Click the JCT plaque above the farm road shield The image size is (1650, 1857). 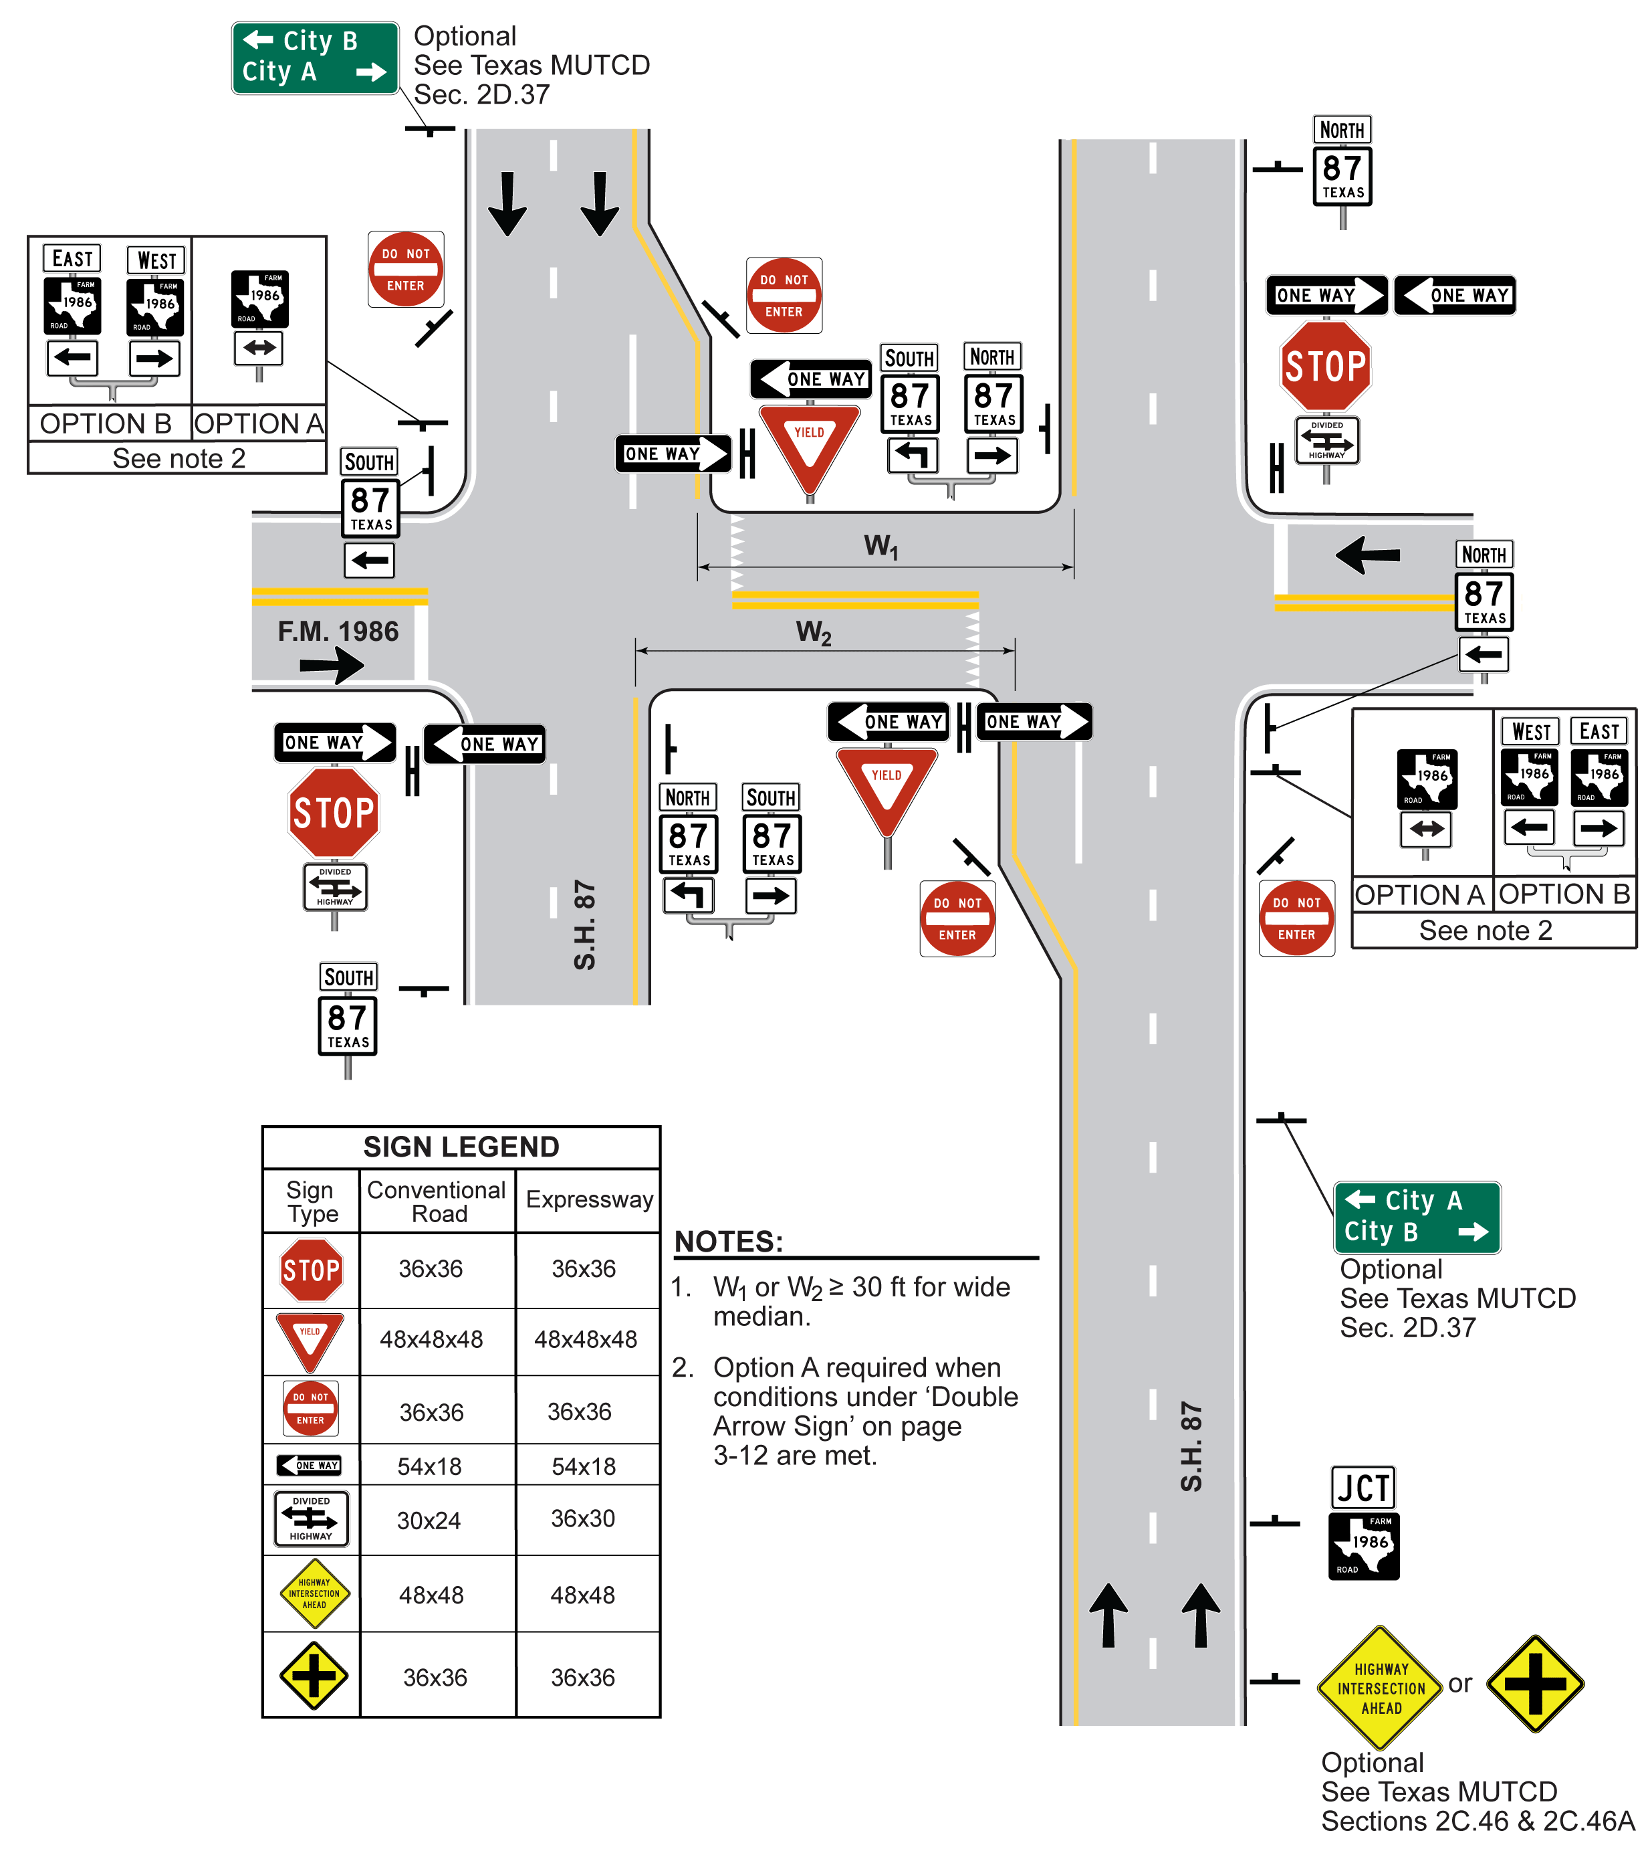point(1362,1487)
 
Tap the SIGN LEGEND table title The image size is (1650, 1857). point(461,1147)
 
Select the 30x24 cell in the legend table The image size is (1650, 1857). point(429,1520)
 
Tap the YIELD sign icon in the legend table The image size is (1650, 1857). point(310,1341)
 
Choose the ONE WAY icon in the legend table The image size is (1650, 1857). point(310,1464)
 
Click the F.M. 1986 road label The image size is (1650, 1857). point(338,631)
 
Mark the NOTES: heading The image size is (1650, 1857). point(728,1241)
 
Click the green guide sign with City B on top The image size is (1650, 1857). point(314,58)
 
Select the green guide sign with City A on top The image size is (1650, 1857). point(1416,1217)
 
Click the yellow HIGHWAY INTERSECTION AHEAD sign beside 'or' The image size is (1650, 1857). point(1381,1687)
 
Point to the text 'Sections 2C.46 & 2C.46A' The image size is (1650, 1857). point(1478,1821)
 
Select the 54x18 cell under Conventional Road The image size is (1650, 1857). point(429,1466)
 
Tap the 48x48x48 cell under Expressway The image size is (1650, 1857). point(586,1339)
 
